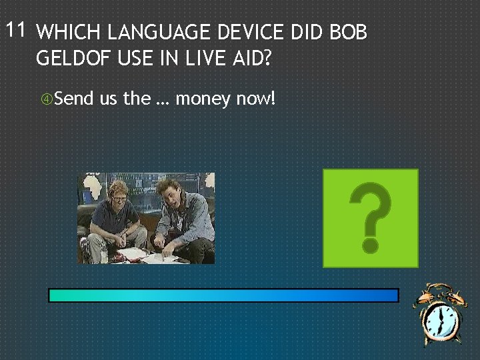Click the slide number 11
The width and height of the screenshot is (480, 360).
pos(15,30)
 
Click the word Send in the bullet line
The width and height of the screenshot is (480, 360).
pos(74,99)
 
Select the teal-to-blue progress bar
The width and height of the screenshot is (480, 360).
pos(223,295)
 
